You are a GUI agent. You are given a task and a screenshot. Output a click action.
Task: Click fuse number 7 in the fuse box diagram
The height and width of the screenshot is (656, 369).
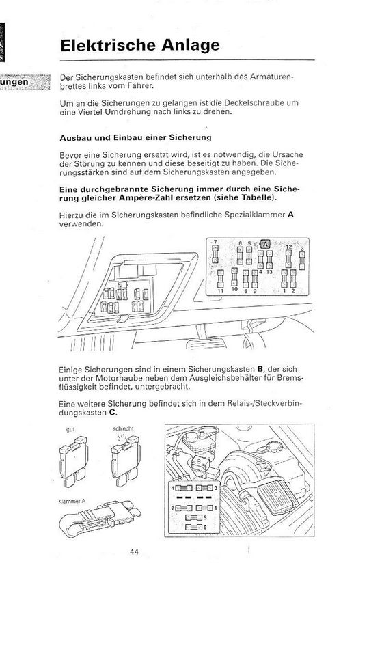pos(215,254)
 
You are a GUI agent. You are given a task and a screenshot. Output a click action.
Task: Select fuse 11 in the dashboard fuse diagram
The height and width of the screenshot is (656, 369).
pos(221,278)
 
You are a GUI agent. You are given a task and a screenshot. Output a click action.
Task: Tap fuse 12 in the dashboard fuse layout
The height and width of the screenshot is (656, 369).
pos(288,259)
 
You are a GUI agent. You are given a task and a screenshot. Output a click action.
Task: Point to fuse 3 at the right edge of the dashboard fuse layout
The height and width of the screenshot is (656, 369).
pos(302,260)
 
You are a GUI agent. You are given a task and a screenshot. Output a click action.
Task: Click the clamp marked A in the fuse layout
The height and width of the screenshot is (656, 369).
pos(265,243)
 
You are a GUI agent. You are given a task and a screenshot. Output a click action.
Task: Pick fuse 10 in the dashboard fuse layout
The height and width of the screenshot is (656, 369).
pos(234,277)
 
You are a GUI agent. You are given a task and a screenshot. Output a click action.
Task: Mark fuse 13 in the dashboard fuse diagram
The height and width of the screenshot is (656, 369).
pos(269,260)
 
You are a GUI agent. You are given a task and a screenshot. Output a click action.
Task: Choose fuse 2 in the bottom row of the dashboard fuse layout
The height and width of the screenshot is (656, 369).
pos(293,278)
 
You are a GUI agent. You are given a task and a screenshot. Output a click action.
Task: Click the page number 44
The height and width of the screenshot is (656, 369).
pos(135,552)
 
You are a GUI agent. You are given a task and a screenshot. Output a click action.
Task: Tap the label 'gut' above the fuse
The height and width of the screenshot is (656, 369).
pos(70,429)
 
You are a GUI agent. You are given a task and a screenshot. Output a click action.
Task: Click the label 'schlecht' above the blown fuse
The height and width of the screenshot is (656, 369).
pos(123,429)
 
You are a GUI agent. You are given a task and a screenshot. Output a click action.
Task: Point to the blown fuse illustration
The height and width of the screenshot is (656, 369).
pos(125,461)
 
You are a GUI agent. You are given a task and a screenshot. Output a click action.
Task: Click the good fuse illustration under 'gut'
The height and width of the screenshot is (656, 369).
pos(74,461)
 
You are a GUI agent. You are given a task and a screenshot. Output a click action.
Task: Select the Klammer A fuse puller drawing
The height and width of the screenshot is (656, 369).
pos(100,517)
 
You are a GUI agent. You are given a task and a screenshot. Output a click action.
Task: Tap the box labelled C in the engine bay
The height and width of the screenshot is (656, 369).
pos(277,497)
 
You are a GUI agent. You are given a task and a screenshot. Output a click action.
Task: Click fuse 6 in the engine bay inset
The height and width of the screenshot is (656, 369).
pos(193,527)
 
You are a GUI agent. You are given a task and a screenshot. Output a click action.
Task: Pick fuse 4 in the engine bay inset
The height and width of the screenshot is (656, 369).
pos(184,488)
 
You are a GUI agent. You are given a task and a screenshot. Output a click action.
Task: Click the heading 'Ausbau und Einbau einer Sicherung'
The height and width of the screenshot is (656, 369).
pos(135,137)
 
